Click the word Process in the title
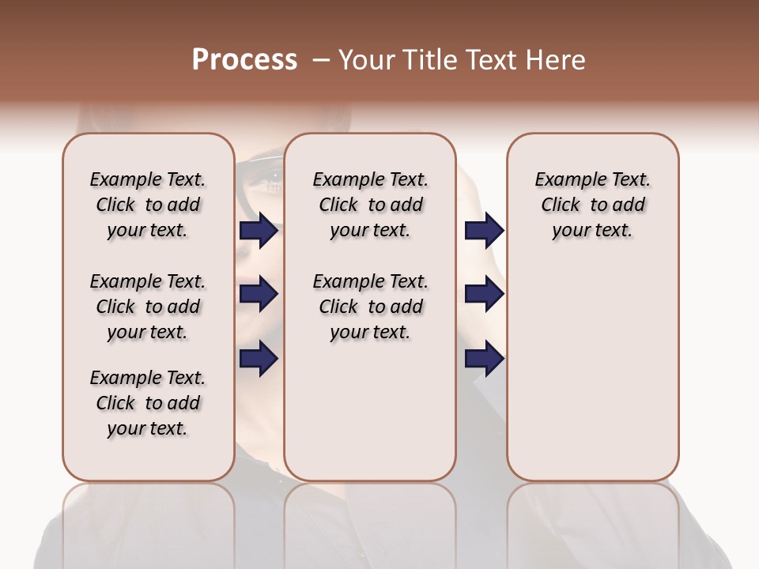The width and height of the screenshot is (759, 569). point(244,60)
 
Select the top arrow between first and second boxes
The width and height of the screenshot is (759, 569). point(259,230)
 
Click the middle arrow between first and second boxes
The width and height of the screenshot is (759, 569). point(259,294)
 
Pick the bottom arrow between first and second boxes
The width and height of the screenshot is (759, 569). point(259,359)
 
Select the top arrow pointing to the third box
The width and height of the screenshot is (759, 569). point(484,230)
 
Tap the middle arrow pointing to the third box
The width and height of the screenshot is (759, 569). point(484,294)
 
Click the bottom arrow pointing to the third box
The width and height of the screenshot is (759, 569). point(484,359)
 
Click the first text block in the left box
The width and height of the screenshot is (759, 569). point(148,205)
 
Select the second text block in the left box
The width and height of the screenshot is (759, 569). point(148,307)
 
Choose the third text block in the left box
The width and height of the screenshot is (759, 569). point(148,403)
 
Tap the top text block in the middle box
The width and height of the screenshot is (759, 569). point(370,205)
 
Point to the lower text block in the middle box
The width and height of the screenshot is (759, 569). point(370,307)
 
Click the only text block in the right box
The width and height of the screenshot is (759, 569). point(593,205)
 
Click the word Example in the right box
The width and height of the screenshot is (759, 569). point(567,180)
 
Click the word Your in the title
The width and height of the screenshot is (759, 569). point(367,60)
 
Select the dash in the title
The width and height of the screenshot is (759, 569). point(320,60)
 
